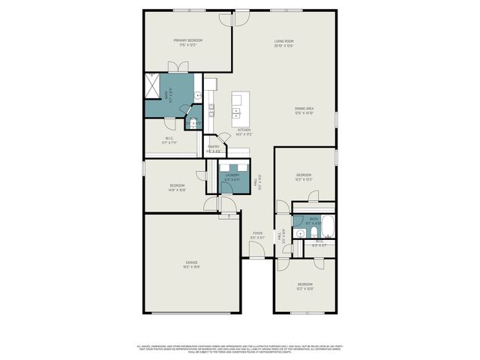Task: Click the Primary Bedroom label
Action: tap(188, 42)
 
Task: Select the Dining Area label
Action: tap(304, 111)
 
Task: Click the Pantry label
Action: tap(213, 148)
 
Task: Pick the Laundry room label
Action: tap(232, 178)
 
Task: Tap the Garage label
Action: tap(192, 264)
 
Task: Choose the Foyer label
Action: tap(257, 235)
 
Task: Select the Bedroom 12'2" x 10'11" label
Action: tap(304, 286)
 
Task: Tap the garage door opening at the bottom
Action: tap(192, 313)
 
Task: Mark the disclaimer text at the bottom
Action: tap(240, 349)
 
